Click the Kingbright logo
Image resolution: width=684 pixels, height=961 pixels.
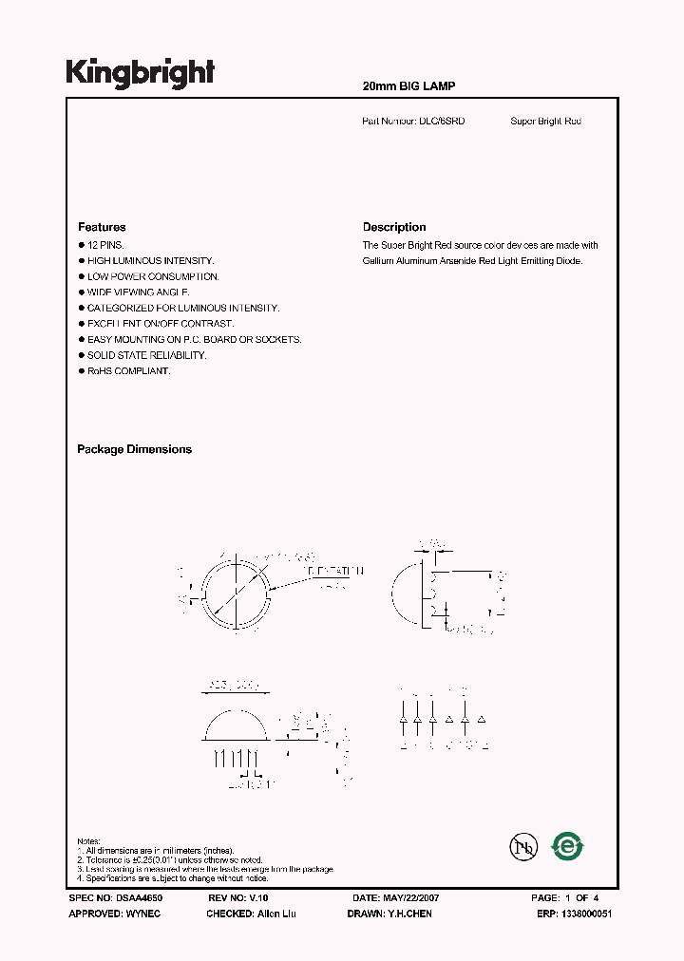140,73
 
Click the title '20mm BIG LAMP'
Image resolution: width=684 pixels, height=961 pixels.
409,86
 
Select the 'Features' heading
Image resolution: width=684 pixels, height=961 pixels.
102,227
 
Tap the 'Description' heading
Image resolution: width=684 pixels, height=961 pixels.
394,227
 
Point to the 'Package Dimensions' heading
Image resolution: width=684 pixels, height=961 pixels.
134,449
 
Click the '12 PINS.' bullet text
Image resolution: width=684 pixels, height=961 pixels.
107,245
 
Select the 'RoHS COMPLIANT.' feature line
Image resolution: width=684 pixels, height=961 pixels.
129,370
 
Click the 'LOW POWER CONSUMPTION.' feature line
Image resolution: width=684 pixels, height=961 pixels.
153,276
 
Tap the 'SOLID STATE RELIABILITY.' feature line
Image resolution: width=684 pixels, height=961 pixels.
146,355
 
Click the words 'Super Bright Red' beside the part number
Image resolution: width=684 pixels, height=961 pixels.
545,122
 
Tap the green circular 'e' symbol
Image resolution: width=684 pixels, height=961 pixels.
567,845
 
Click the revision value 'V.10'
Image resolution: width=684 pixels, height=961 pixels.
259,897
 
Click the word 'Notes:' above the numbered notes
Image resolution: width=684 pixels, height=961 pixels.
88,841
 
